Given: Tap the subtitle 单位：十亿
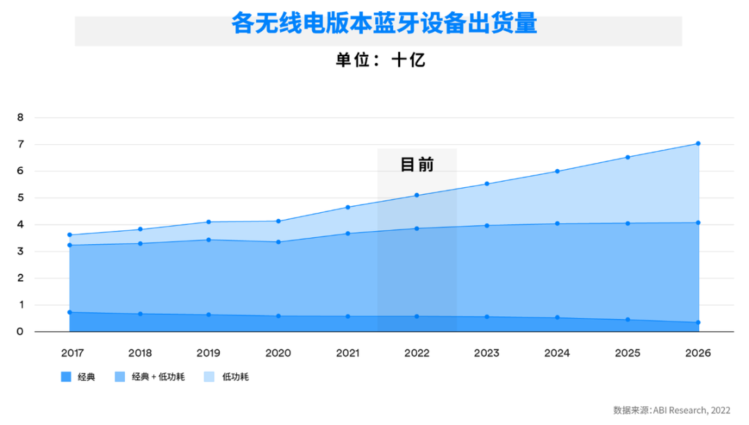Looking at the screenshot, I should [380, 60].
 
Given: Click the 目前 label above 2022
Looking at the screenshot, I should [417, 164].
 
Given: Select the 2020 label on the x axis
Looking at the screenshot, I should [278, 353].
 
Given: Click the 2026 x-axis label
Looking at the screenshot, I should [698, 353].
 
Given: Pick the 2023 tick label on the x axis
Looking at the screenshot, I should [487, 353].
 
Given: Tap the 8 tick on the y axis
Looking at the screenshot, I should [20, 118].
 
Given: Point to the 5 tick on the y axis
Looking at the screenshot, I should [20, 198].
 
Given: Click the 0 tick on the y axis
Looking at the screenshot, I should [20, 332].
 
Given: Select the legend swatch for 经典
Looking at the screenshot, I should [67, 377].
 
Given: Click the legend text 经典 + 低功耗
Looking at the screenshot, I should [149, 377].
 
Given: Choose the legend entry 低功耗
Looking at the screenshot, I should [235, 377].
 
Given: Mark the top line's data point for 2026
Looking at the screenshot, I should [698, 144].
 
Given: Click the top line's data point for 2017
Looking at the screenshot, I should [69, 235].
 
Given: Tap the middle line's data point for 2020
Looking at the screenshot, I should [278, 242].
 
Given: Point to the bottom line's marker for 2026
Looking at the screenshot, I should [698, 322].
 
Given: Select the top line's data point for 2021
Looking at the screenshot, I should [347, 207].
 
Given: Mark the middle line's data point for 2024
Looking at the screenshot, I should [558, 223].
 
